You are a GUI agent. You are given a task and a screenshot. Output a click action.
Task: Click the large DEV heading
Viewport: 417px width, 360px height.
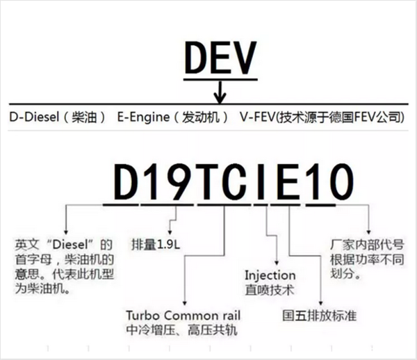[x=220, y=58]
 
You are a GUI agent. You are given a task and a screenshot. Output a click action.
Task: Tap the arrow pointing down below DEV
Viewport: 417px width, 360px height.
[x=220, y=92]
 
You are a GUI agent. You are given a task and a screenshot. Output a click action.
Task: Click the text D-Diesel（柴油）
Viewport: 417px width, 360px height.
[x=58, y=117]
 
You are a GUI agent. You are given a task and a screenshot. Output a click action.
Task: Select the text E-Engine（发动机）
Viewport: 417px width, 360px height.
[x=173, y=117]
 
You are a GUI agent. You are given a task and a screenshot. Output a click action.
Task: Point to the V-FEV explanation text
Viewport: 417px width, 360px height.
[x=322, y=117]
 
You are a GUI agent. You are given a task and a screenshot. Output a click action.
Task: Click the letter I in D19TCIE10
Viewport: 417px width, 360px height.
[x=261, y=181]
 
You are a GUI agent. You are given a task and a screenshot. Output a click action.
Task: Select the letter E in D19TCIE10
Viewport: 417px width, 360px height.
[x=288, y=181]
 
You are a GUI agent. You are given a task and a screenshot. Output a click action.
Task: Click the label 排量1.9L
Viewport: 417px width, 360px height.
[x=156, y=245]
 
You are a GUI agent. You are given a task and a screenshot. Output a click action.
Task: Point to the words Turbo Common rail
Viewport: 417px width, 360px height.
[x=183, y=316]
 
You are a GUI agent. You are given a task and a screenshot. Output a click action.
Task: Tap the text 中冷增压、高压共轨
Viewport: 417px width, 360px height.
[x=181, y=330]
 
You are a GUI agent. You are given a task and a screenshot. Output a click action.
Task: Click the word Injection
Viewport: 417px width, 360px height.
[x=270, y=276]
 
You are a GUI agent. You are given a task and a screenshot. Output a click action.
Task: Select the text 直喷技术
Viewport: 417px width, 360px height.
[x=270, y=290]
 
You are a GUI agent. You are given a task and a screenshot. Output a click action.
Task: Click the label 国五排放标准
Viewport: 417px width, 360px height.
[x=320, y=316]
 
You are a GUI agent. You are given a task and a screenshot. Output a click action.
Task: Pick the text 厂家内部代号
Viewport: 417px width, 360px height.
[x=367, y=245]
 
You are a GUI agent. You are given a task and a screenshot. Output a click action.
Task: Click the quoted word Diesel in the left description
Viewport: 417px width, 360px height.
[x=70, y=245]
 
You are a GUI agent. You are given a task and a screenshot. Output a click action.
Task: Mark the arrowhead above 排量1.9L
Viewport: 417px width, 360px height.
[x=170, y=232]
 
